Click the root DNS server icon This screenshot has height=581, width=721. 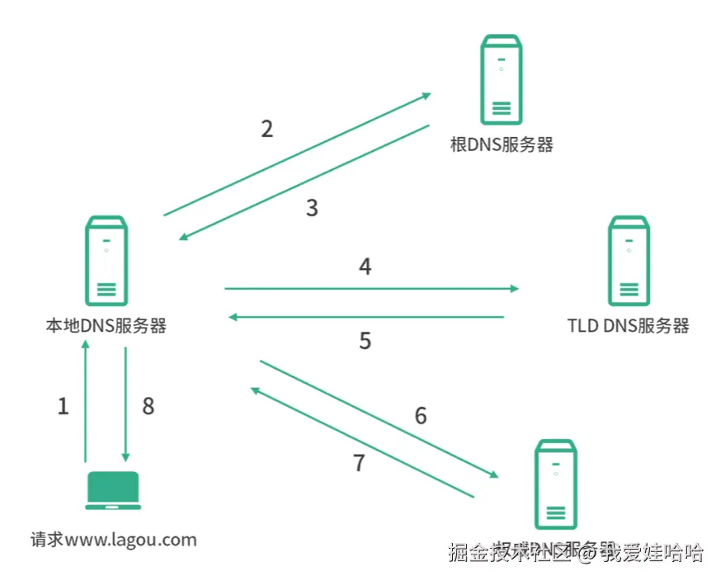tap(501, 80)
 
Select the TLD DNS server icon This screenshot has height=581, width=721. tap(628, 261)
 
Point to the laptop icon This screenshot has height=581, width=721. tap(113, 490)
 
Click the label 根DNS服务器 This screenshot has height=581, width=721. tap(502, 145)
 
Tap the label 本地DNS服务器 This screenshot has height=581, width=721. tap(106, 326)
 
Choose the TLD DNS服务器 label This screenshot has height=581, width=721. tap(628, 325)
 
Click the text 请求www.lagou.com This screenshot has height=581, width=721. tap(114, 541)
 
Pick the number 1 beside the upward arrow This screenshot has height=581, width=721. tap(63, 406)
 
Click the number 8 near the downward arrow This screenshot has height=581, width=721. tap(148, 406)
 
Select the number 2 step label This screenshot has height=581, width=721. tap(266, 129)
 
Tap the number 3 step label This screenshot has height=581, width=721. tap(312, 208)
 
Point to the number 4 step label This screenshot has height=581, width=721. tap(365, 267)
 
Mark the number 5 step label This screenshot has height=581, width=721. tap(365, 341)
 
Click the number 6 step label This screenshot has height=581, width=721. tap(421, 416)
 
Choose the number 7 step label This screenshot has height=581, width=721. tap(359, 463)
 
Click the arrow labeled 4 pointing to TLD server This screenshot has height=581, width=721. tap(371, 289)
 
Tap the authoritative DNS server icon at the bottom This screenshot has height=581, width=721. tap(555, 484)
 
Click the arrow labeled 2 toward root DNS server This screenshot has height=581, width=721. tap(297, 154)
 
